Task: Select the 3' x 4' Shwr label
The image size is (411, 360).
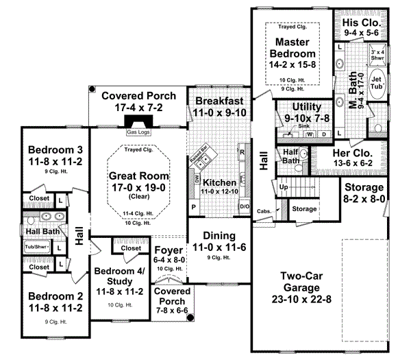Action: (x=377, y=54)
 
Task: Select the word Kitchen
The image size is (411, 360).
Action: (x=219, y=183)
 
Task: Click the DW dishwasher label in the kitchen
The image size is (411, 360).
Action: (x=197, y=178)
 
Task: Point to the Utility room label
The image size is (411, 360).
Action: (x=297, y=108)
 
